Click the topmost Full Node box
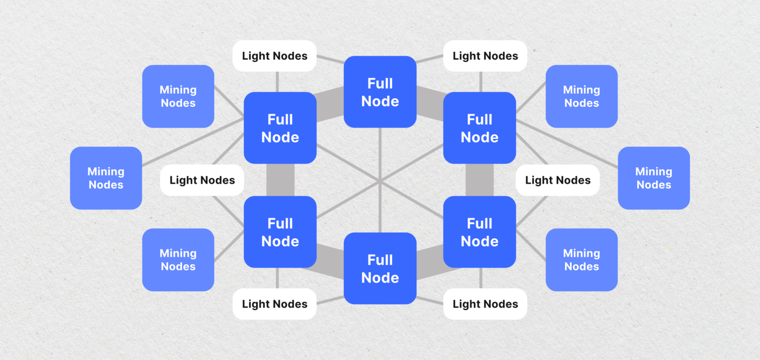tap(380, 92)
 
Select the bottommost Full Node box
tap(380, 268)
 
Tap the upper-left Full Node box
tap(280, 128)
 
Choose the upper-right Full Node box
tap(479, 128)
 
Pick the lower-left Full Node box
tap(280, 232)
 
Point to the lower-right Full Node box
tap(479, 232)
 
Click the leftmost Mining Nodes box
tap(106, 178)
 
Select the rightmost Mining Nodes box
tap(654, 178)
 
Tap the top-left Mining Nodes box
tap(178, 96)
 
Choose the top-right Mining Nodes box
tap(581, 96)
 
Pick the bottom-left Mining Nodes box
tap(178, 260)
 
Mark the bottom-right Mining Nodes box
tap(581, 260)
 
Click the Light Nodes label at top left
tap(274, 56)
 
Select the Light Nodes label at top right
tap(485, 56)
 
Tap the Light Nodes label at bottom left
tap(274, 304)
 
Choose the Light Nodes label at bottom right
tap(485, 304)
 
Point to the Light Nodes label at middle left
tap(202, 180)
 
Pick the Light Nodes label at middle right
tap(557, 180)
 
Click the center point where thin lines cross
tap(380, 181)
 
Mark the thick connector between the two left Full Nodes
tap(280, 180)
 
